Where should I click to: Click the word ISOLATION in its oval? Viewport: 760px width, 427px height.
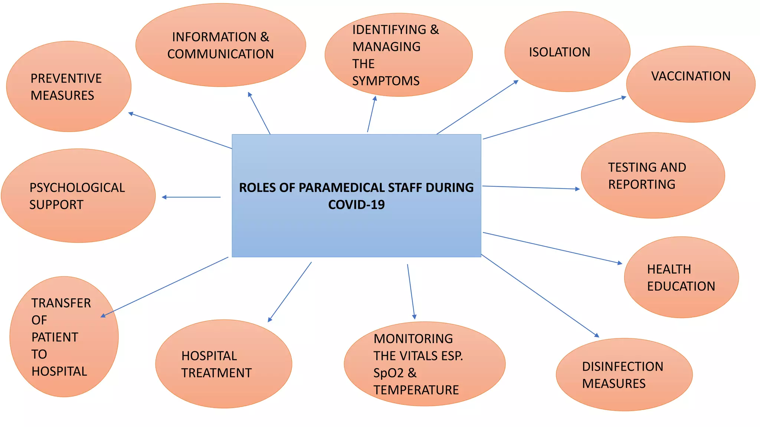point(559,52)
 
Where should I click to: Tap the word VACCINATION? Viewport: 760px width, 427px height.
point(691,76)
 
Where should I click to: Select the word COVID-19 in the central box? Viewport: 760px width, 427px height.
point(356,205)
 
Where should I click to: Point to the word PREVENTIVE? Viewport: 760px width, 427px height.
point(66,79)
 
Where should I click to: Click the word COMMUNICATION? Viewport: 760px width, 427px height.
point(220,54)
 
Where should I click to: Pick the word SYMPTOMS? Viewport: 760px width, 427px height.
point(386,81)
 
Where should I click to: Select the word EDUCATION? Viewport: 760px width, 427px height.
point(681,286)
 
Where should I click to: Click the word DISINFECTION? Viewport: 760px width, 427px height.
point(622,367)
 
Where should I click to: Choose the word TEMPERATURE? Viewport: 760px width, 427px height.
point(416,390)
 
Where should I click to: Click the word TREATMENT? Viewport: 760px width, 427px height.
point(216,373)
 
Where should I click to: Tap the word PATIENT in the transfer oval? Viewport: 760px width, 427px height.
point(55,337)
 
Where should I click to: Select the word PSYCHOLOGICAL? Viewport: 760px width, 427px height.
point(77,188)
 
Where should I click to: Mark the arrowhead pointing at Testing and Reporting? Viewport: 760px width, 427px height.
point(577,189)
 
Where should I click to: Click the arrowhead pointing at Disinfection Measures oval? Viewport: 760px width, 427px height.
point(597,335)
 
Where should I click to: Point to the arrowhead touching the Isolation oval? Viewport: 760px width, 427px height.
point(516,82)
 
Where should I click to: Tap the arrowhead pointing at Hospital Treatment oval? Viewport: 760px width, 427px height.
point(270,320)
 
